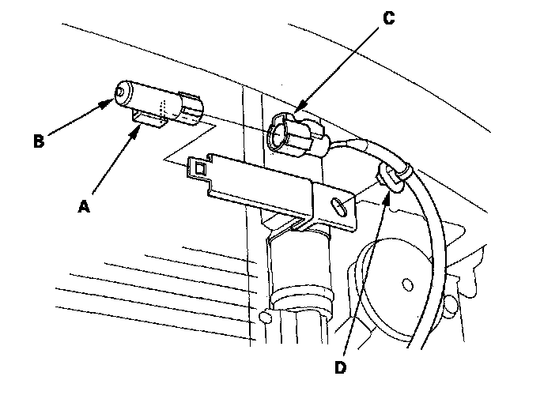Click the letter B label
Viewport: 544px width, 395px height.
(x=38, y=143)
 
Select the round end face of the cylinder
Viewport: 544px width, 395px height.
(x=123, y=92)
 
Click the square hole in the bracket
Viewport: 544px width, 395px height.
(x=200, y=167)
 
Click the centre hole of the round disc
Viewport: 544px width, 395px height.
(x=408, y=281)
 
